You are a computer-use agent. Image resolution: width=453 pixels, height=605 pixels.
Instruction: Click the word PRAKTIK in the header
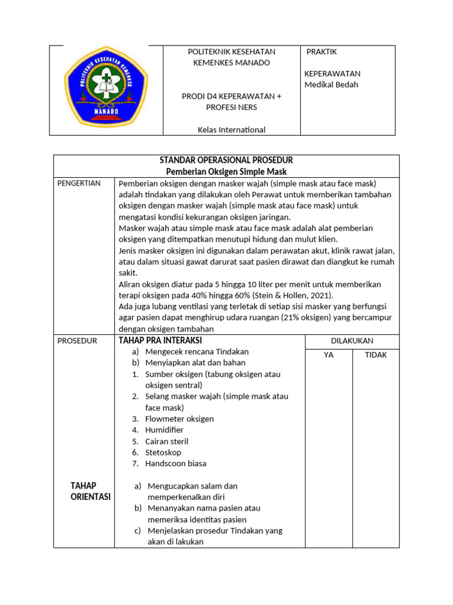coord(322,52)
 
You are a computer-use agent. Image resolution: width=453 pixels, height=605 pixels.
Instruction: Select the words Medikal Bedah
coord(331,84)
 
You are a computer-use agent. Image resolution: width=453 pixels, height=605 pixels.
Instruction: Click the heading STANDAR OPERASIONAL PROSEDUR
coord(226,161)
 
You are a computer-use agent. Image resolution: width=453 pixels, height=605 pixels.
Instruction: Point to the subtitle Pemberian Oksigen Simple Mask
coord(226,172)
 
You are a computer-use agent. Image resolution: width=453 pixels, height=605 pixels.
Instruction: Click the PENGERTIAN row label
coord(79,183)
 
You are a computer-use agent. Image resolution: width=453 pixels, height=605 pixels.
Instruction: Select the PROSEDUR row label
coord(77,341)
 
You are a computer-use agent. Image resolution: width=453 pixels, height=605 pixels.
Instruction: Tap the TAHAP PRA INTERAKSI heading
coord(160,340)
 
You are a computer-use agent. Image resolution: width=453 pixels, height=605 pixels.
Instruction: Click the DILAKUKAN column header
coord(352,341)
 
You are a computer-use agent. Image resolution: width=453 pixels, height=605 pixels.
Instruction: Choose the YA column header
coord(329,355)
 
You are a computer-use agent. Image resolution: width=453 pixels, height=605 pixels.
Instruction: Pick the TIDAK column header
coord(376,355)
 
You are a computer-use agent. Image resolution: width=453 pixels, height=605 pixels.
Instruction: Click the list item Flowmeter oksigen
coord(179,419)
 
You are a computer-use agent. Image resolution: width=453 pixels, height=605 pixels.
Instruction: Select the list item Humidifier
coord(164,430)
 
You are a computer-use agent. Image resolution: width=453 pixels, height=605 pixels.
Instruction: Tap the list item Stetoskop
coord(163,453)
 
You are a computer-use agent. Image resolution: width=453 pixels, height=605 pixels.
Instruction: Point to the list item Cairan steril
coord(166,441)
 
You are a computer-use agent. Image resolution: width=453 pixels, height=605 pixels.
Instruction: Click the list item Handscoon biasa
coord(176,464)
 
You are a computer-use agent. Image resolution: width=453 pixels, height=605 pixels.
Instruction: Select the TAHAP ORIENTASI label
coord(91,491)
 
